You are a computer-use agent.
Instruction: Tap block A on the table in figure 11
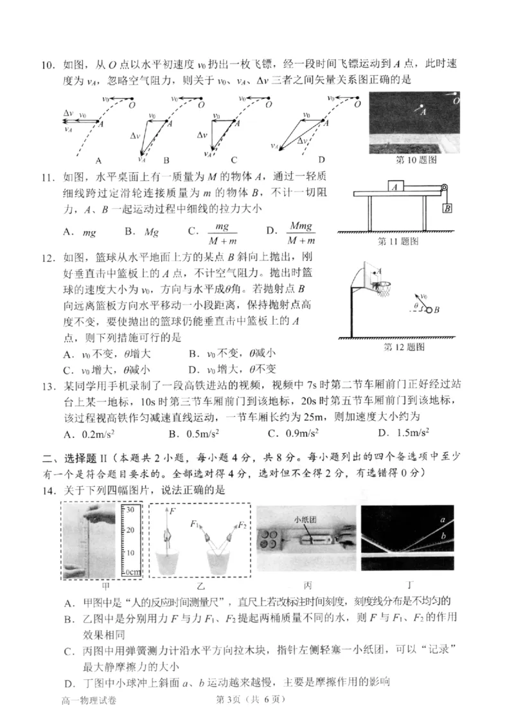pos(397,187)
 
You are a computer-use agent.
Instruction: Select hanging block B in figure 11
pos(447,208)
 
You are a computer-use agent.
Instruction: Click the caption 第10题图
pos(407,159)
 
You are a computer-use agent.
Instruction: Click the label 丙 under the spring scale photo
pos(300,586)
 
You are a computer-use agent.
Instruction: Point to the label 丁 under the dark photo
pos(410,586)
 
